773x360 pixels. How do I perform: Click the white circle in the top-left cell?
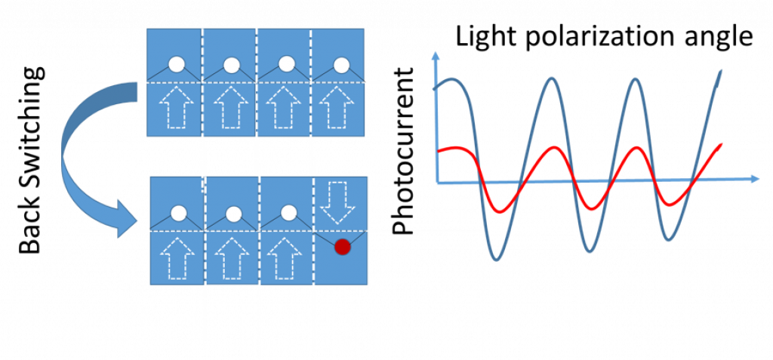pyautogui.click(x=177, y=65)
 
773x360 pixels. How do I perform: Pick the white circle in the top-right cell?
pyautogui.click(x=341, y=65)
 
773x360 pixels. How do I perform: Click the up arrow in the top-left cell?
pyautogui.click(x=177, y=109)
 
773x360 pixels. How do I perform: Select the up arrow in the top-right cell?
pyautogui.click(x=341, y=109)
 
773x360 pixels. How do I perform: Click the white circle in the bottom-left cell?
pyautogui.click(x=178, y=214)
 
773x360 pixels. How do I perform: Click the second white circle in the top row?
pyautogui.click(x=232, y=65)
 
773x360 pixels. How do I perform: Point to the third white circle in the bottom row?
pyautogui.click(x=286, y=214)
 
